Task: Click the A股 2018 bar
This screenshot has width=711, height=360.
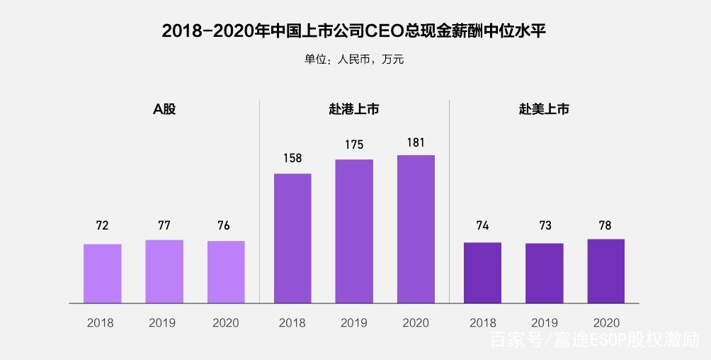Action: (103, 274)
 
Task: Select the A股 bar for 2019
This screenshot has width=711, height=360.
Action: (164, 271)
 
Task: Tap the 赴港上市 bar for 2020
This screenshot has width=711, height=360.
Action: (416, 229)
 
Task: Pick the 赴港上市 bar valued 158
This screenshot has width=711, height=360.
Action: (292, 238)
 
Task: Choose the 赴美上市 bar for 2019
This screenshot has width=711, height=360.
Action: (545, 273)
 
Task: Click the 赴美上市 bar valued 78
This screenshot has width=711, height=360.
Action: (606, 271)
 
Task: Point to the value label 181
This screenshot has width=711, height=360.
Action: (416, 142)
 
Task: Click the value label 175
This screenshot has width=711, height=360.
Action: (354, 145)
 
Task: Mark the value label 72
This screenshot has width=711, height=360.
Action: (103, 226)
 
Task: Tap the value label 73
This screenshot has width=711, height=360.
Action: (545, 226)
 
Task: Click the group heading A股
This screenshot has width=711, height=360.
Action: (164, 110)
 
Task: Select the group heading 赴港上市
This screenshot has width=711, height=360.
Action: (354, 110)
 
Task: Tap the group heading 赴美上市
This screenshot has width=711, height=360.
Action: (544, 110)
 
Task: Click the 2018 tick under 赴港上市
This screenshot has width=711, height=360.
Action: (292, 322)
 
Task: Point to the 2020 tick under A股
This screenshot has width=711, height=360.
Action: (226, 322)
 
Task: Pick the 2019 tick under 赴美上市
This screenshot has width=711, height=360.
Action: (545, 322)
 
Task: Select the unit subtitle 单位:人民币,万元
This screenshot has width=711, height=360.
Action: (354, 60)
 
